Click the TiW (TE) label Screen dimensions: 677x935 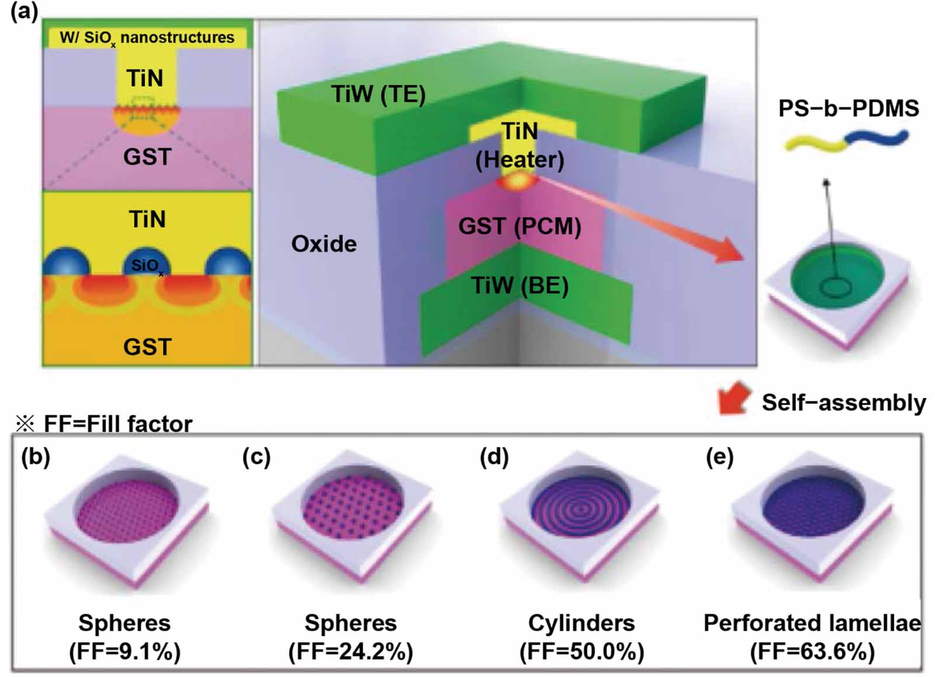coord(378,94)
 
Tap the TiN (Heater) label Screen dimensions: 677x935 coord(520,145)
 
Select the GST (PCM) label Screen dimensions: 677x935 coord(520,226)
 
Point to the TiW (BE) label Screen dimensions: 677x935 coord(520,286)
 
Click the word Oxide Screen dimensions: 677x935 coord(324,244)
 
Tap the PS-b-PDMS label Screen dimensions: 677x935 coord(849,108)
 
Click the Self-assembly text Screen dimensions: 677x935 coord(843,402)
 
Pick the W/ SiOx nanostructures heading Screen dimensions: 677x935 coord(147,38)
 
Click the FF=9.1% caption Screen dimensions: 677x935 coord(125,651)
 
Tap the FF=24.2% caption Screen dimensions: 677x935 coord(351,651)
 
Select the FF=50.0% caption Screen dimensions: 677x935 coord(581,651)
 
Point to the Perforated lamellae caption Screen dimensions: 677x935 coord(812,623)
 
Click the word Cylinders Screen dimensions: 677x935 coord(581,623)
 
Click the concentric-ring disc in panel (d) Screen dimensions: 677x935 coord(580,509)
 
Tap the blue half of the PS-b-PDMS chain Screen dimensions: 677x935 coord(877,139)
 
